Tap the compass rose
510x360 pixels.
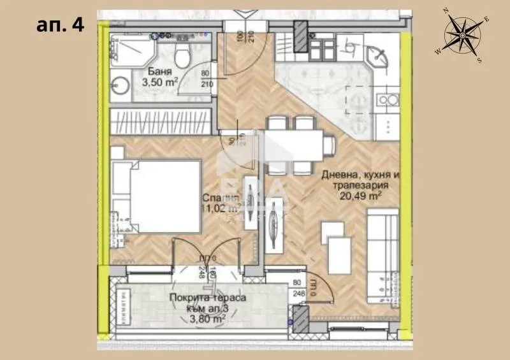tap(463, 36)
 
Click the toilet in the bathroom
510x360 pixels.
tap(182, 59)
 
